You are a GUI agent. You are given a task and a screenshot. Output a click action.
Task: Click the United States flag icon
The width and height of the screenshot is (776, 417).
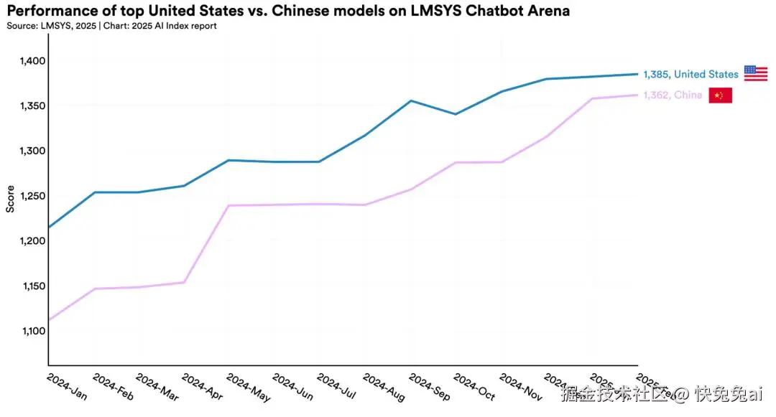(755, 73)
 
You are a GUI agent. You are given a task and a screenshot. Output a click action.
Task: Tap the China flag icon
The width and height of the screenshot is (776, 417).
(720, 95)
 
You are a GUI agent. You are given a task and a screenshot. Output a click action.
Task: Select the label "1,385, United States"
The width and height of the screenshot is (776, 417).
(690, 74)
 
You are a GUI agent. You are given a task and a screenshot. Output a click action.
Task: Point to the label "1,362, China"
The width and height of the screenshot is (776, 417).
(673, 95)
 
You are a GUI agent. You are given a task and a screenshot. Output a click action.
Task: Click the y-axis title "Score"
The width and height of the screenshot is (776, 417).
(10, 199)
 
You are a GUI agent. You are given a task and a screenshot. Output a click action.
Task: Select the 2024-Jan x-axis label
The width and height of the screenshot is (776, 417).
(66, 385)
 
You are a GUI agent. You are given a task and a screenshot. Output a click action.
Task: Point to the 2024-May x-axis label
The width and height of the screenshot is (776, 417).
(248, 387)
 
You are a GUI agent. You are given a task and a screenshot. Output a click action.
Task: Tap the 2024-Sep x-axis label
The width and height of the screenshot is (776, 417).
(429, 387)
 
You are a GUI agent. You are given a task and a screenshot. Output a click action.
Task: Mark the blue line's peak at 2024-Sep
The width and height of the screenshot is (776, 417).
(410, 100)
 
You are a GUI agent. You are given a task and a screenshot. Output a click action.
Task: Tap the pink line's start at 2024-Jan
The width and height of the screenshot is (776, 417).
(48, 320)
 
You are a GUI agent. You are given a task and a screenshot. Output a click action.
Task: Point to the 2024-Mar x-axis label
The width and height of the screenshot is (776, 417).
(157, 387)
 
